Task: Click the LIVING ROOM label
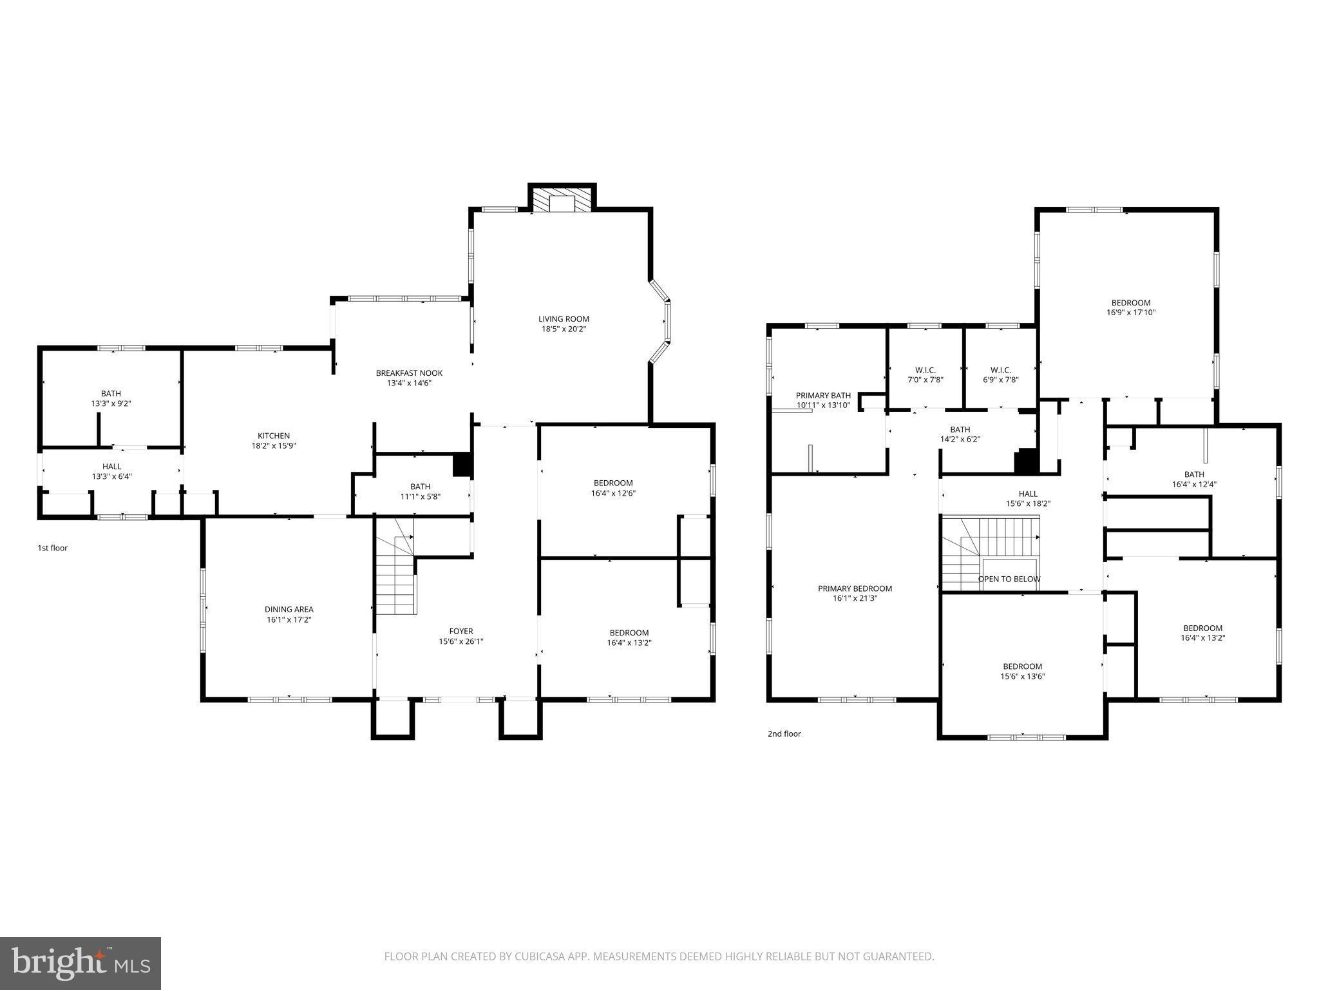click(x=564, y=319)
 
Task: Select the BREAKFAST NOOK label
click(x=409, y=373)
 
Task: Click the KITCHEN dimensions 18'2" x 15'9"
click(x=274, y=446)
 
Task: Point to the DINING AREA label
click(x=289, y=609)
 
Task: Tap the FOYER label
click(x=460, y=631)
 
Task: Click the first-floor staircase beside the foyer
click(x=395, y=580)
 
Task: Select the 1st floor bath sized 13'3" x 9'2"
click(x=111, y=398)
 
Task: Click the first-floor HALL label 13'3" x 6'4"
click(x=111, y=467)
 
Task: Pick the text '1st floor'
click(x=52, y=548)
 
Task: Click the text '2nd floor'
click(x=784, y=733)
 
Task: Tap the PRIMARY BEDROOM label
click(x=855, y=588)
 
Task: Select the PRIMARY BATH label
click(x=823, y=396)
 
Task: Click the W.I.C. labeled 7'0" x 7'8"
click(x=925, y=375)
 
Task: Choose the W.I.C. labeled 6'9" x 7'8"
click(x=1000, y=375)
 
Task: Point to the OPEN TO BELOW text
click(x=1009, y=579)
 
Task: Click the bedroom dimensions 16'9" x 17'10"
click(x=1130, y=313)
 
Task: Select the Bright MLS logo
click(x=80, y=963)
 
